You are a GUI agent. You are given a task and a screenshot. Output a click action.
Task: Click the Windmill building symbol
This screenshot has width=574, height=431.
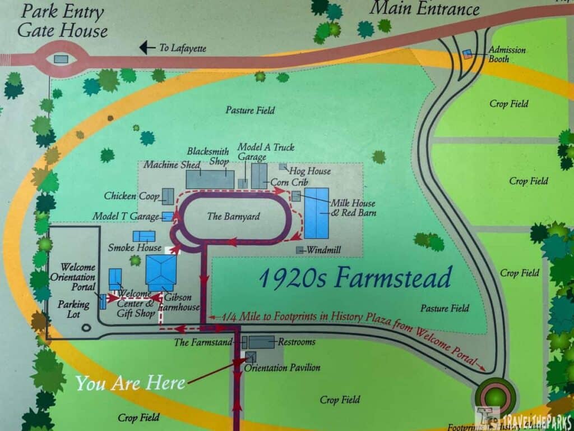click(x=300, y=250)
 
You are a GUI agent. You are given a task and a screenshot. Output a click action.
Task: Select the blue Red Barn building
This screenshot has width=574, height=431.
click(x=317, y=213)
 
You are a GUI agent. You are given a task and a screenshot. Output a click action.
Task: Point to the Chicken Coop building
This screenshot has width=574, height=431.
click(x=168, y=196)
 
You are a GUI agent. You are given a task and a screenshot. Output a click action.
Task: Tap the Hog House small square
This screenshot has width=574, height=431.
click(x=283, y=167)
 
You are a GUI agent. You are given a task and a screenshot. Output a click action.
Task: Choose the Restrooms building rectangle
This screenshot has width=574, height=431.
click(x=261, y=342)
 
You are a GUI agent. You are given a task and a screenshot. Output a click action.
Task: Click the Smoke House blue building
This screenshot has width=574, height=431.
click(x=144, y=236)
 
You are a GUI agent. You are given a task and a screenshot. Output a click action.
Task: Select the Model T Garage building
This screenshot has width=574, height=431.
click(x=167, y=217)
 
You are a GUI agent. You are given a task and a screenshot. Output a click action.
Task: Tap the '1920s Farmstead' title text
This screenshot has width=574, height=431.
click(x=355, y=278)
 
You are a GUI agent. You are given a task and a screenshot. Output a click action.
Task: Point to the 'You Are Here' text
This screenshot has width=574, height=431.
click(x=131, y=383)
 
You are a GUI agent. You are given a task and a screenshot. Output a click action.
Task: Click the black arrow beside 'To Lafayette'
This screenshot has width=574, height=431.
click(x=147, y=48)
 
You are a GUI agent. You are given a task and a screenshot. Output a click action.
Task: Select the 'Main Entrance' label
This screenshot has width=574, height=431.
click(x=425, y=8)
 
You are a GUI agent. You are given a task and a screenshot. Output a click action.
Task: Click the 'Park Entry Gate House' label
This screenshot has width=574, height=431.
click(x=62, y=21)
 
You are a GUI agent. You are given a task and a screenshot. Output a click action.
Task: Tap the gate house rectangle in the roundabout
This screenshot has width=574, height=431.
click(x=61, y=59)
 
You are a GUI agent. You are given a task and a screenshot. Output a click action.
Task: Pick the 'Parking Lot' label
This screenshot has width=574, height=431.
click(x=73, y=309)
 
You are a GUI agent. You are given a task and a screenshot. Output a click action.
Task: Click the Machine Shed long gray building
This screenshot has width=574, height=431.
click(x=210, y=180)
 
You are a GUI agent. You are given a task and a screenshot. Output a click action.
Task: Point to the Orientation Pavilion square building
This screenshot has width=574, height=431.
click(x=251, y=357)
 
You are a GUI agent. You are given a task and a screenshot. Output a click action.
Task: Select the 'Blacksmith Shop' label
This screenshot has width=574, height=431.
click(x=208, y=156)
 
